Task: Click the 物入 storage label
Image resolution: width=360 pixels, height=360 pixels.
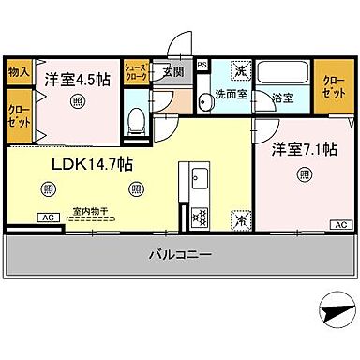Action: tap(19, 71)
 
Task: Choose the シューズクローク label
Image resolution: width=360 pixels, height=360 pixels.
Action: tap(136, 71)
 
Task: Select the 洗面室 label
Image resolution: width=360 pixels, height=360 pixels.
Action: tap(231, 94)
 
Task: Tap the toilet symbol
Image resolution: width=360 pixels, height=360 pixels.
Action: tap(136, 119)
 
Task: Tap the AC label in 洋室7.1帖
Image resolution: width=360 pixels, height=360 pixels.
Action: tap(340, 225)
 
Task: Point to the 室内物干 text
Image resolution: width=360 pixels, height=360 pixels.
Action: tap(86, 212)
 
